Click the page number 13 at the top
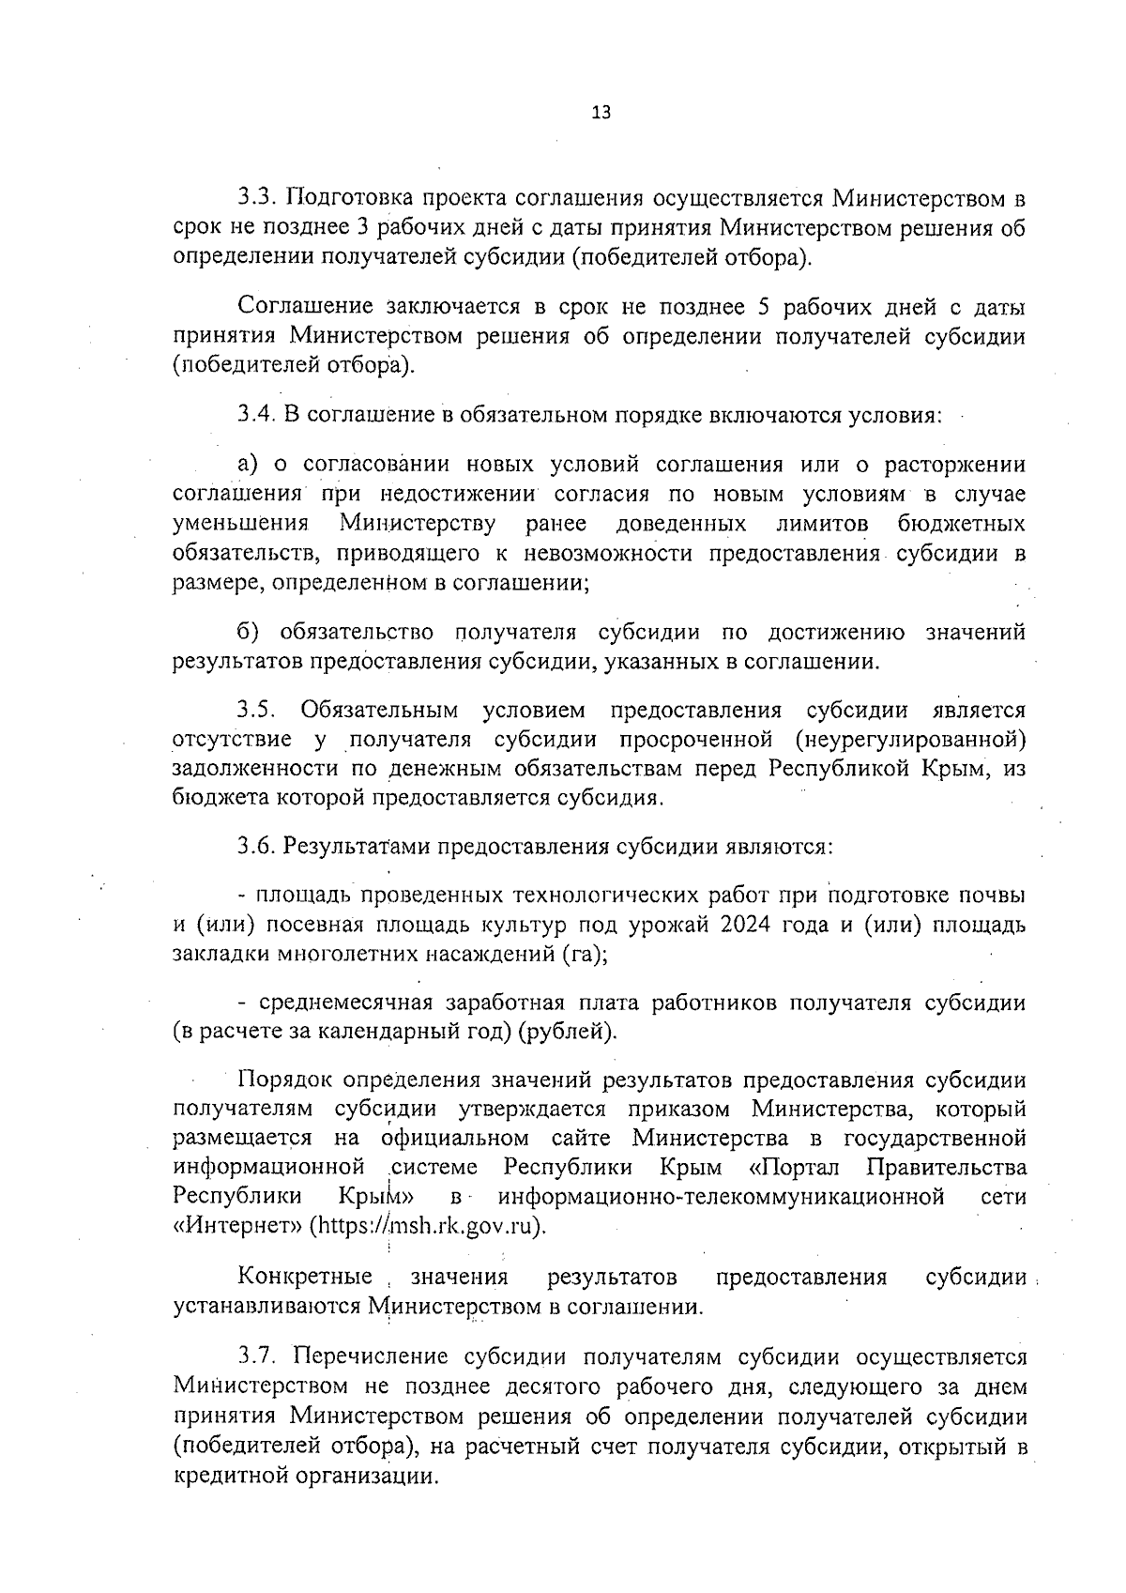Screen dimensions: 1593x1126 pyautogui.click(x=601, y=113)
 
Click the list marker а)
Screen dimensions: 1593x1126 pyautogui.click(x=248, y=465)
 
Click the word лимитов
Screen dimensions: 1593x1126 pyautogui.click(x=822, y=523)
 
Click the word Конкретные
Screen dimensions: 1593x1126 pyautogui.click(x=305, y=1277)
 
